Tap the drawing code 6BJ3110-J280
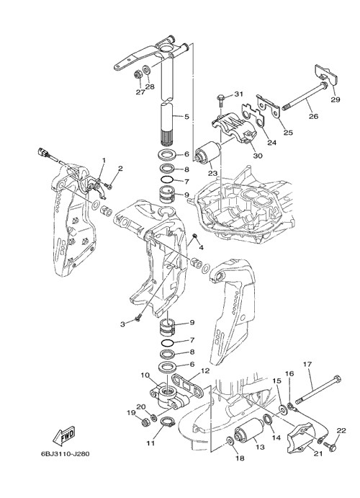tap(65, 454)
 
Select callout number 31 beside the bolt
tap(239, 94)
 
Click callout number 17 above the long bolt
tap(307, 364)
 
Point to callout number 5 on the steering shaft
tap(186, 117)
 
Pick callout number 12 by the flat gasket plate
tap(205, 370)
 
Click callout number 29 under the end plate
tap(336, 99)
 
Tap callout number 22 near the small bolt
tap(341, 431)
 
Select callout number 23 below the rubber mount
tap(212, 174)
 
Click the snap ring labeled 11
tap(167, 423)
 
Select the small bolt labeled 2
tap(109, 186)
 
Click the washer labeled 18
tap(230, 441)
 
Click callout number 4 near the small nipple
tap(201, 246)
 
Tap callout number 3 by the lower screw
tap(122, 324)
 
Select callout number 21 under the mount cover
tap(318, 453)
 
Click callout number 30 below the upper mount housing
tap(258, 156)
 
